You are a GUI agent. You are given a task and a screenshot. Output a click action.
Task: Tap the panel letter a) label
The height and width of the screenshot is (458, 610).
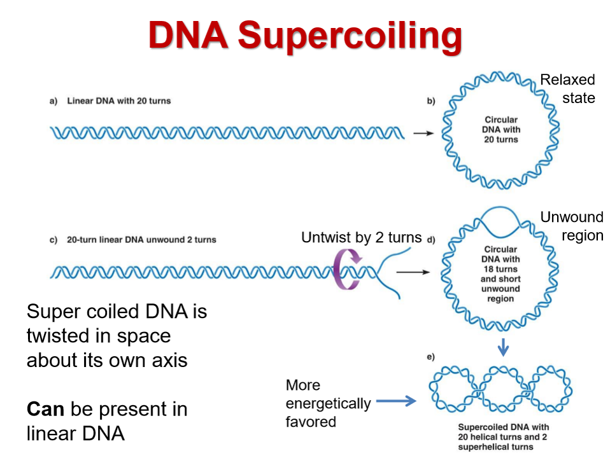(53, 101)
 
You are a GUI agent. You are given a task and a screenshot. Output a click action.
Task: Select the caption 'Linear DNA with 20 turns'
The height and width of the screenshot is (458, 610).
(119, 101)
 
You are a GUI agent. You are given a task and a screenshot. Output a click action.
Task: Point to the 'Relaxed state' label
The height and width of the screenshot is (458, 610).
(567, 88)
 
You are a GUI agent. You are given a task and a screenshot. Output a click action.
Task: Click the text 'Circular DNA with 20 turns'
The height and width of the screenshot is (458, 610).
(501, 129)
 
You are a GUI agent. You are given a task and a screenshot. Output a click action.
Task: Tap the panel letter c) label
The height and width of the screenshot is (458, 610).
(53, 240)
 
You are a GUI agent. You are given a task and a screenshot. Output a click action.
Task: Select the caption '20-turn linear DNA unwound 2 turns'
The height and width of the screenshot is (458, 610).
(141, 240)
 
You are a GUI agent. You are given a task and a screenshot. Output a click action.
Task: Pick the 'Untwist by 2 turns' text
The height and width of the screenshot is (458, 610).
(362, 237)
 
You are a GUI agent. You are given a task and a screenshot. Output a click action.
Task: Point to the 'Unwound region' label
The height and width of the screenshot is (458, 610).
(572, 226)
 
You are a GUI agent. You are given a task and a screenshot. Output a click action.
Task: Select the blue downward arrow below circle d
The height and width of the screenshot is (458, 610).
(504, 347)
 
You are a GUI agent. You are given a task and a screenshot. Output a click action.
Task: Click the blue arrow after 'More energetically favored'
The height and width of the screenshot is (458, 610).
(395, 401)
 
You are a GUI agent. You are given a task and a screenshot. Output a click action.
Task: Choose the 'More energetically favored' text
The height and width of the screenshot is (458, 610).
(328, 403)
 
